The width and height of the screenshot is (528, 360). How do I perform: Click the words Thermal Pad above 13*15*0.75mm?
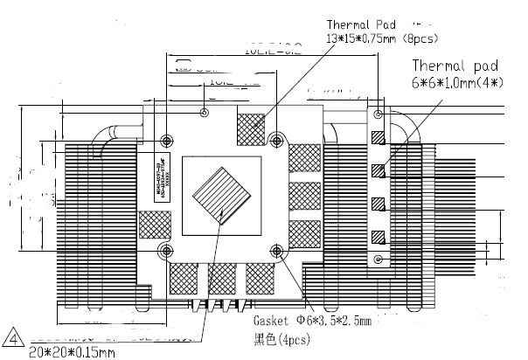359,24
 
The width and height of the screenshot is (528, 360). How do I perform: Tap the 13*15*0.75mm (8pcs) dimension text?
382,38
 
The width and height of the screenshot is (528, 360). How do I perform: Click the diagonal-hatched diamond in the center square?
224,193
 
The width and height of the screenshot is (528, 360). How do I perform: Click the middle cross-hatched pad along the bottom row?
222,278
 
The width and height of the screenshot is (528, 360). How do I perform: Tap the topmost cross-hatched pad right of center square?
303,157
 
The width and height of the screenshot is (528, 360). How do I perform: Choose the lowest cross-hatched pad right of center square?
303,235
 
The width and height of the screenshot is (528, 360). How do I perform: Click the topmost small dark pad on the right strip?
378,137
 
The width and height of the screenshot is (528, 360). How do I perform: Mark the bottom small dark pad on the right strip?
378,236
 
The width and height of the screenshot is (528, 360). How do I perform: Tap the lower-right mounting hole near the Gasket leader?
278,251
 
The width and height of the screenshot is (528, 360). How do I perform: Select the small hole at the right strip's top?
378,114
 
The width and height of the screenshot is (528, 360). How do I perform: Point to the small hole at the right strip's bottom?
378,260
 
